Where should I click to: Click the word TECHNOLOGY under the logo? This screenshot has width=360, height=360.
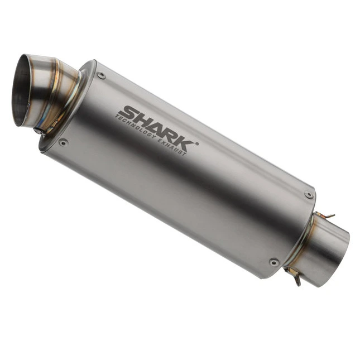[135, 127]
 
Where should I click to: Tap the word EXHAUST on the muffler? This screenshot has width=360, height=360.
[172, 147]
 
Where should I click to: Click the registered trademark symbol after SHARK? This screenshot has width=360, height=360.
[197, 144]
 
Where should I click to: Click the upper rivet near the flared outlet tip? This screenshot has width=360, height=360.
[101, 75]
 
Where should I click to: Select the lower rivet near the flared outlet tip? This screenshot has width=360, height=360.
[63, 142]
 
